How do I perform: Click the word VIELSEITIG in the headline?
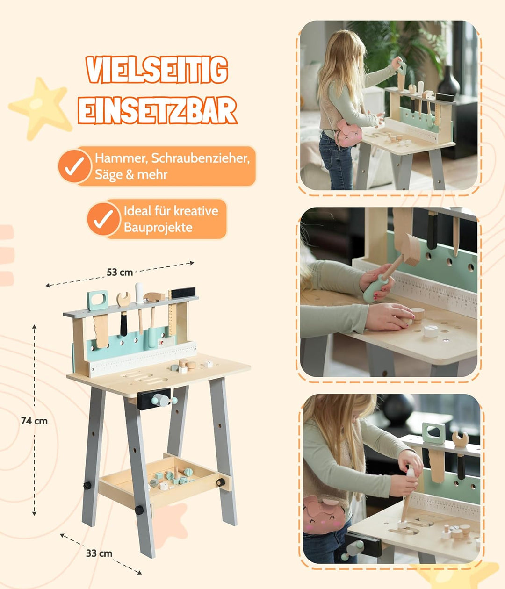[157, 70]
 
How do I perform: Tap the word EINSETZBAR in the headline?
[157, 110]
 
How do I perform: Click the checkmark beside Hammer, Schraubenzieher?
[75, 166]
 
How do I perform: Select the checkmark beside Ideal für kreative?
[103, 219]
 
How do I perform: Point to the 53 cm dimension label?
[120, 273]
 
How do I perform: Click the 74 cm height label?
[34, 421]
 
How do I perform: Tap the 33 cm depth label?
[99, 553]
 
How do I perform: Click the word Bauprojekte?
[158, 227]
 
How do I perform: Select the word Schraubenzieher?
[200, 158]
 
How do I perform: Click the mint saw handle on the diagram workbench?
[97, 300]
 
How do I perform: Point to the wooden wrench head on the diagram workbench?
[123, 299]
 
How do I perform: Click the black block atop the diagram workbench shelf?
[183, 293]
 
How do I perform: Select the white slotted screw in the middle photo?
[431, 331]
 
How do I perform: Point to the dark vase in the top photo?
[448, 81]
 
